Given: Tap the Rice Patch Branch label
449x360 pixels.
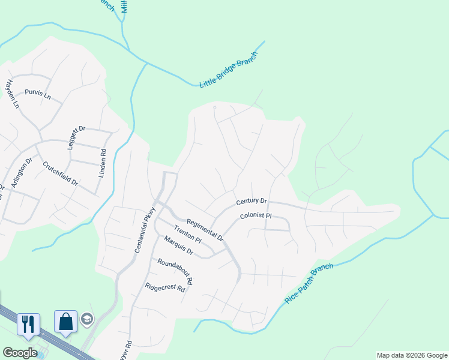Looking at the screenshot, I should [309, 283].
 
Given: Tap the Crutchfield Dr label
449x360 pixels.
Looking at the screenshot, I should [60, 173].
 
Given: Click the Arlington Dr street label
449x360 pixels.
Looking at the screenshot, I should [20, 173].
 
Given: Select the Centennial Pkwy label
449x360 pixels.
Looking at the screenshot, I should [145, 229].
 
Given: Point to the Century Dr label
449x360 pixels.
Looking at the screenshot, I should [252, 202].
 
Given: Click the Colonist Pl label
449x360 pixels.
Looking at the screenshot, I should [256, 216].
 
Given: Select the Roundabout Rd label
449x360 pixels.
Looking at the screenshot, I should [175, 271].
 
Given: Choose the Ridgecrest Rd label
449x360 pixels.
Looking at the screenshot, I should [164, 287].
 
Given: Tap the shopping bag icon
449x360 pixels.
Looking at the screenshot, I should [65, 321].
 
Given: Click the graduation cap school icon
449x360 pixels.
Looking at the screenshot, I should [88, 319].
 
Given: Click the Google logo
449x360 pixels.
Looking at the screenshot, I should [20, 353].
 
